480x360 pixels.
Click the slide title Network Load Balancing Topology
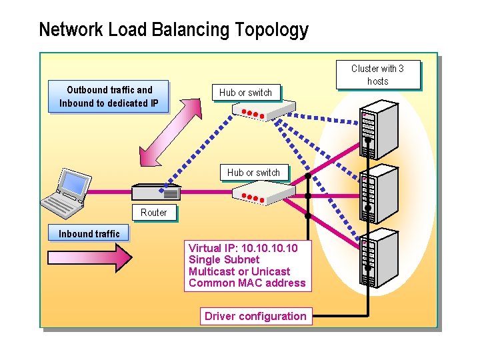pyautogui.click(x=173, y=30)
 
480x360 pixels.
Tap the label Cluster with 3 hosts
pyautogui.click(x=377, y=75)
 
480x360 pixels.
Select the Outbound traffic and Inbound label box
pyautogui.click(x=109, y=97)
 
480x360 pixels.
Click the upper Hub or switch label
pyautogui.click(x=245, y=93)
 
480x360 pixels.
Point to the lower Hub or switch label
pyautogui.click(x=253, y=173)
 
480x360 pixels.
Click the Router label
pyautogui.click(x=154, y=213)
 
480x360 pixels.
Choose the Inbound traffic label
pyautogui.click(x=89, y=233)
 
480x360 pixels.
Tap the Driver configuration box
pyautogui.click(x=255, y=316)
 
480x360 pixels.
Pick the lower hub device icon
pyautogui.click(x=263, y=193)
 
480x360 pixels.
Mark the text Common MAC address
pyautogui.click(x=247, y=283)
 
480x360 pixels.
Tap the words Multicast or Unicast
pyautogui.click(x=239, y=271)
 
